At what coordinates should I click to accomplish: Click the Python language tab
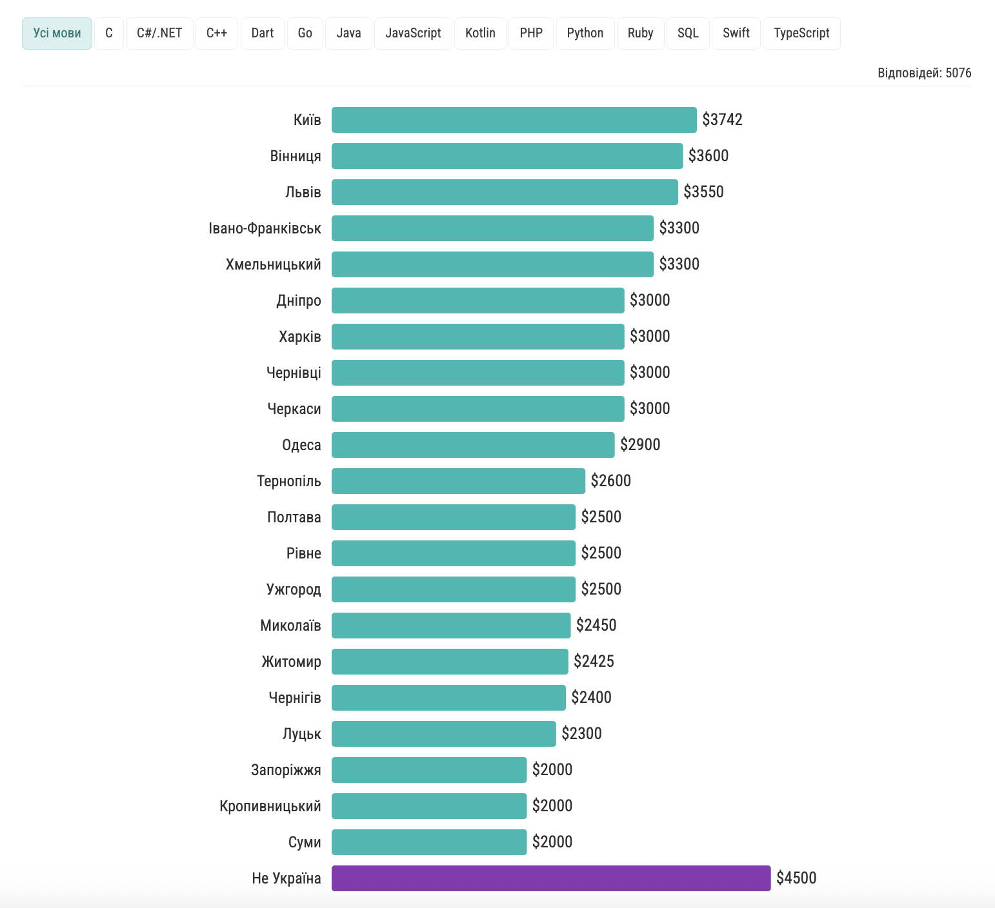[585, 34]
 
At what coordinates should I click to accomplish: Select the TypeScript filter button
[801, 34]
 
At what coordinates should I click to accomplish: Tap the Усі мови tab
[57, 34]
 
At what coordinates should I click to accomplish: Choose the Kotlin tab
[480, 34]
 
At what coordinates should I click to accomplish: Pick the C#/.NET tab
[159, 34]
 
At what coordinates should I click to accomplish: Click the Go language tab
[305, 34]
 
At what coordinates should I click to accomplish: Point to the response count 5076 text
[924, 73]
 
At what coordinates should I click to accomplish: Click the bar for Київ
[514, 120]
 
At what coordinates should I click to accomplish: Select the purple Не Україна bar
[550, 878]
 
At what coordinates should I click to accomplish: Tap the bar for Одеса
[472, 445]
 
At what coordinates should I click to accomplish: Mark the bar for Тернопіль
[458, 481]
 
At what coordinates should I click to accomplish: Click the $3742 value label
[722, 120]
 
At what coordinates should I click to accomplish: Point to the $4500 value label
[796, 878]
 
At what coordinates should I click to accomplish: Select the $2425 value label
[594, 662]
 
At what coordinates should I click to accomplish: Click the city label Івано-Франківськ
[265, 228]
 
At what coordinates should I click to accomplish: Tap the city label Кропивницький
[270, 806]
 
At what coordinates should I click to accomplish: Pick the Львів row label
[303, 192]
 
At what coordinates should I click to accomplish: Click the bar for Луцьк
[443, 734]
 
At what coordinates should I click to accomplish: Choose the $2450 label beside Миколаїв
[596, 626]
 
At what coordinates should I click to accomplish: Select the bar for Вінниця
[507, 156]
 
